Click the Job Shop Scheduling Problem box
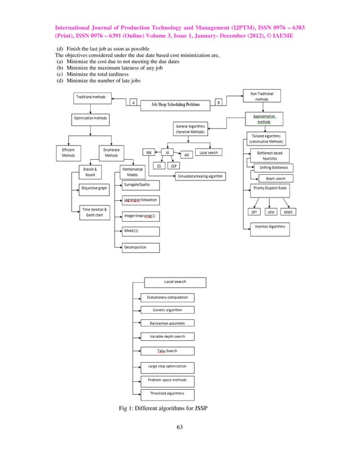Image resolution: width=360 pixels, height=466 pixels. pos(175,104)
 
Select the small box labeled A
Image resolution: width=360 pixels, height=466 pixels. pos(133,103)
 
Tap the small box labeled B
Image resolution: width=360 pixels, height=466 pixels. pos(218,103)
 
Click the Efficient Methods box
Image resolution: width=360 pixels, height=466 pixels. pos(68,152)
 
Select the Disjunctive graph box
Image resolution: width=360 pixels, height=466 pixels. pos(94,188)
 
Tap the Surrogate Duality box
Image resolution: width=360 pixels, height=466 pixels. pos(141,184)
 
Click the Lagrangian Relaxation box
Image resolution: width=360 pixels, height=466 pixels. pos(141,200)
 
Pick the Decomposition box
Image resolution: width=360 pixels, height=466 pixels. pos(141,247)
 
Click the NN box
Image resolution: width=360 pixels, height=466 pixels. pos(148,152)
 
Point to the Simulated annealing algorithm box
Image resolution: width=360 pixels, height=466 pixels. pos(200,176)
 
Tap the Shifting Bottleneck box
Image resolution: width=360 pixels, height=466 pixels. pos(274,168)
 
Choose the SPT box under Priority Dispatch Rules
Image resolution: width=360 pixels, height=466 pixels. pos(254,212)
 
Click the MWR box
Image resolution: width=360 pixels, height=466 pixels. pos(288,212)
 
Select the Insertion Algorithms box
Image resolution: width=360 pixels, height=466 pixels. pos(269,227)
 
